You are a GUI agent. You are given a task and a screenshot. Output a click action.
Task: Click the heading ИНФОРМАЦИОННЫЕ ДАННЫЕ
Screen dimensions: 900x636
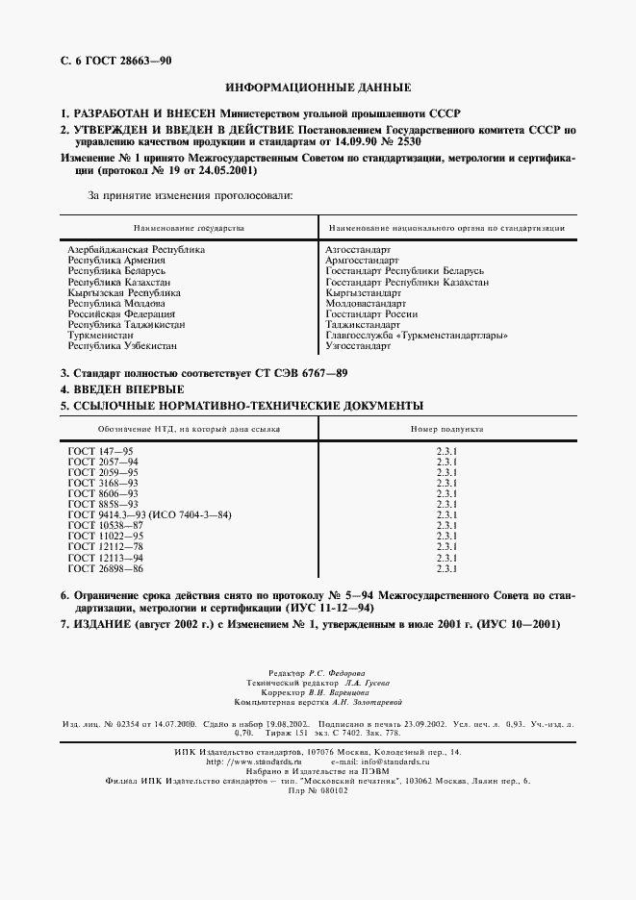(x=317, y=86)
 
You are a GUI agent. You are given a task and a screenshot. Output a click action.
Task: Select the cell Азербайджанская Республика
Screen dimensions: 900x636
(x=136, y=249)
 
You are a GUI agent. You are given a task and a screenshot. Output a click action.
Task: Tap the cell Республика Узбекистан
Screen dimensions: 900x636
(x=122, y=345)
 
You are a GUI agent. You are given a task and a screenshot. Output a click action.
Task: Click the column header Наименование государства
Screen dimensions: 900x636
(x=189, y=228)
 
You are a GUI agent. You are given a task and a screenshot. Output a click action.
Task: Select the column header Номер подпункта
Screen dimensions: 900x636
(x=445, y=429)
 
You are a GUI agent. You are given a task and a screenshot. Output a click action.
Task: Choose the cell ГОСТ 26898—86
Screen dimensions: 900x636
(x=105, y=568)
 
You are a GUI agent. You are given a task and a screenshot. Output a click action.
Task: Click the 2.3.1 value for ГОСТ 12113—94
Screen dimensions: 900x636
(x=445, y=558)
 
